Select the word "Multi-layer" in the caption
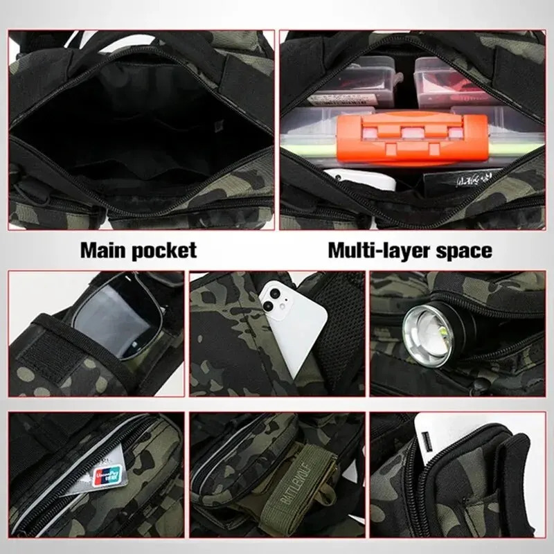coord(382,249)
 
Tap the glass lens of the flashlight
coord(427,325)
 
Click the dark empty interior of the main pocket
coord(138,125)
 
